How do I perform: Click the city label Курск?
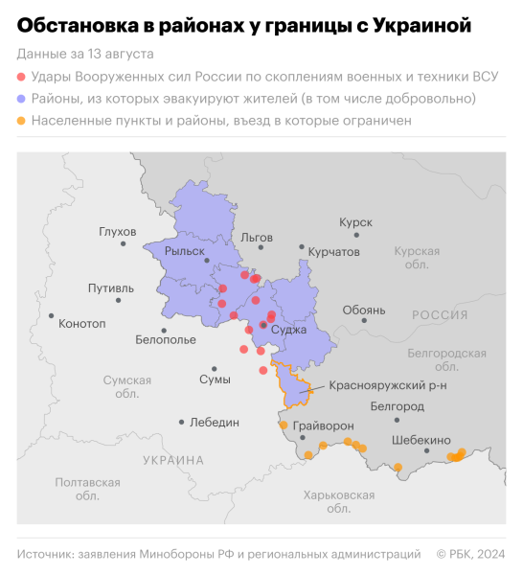click(x=355, y=221)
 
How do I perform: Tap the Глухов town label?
click(x=118, y=231)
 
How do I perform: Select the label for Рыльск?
click(x=185, y=251)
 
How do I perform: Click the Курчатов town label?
click(x=334, y=251)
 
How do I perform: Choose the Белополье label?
click(x=166, y=339)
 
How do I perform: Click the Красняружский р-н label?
click(x=375, y=385)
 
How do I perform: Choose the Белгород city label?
click(x=397, y=405)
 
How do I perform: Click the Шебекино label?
click(x=421, y=440)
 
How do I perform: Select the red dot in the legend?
click(x=22, y=76)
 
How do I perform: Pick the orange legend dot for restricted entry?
click(x=22, y=122)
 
